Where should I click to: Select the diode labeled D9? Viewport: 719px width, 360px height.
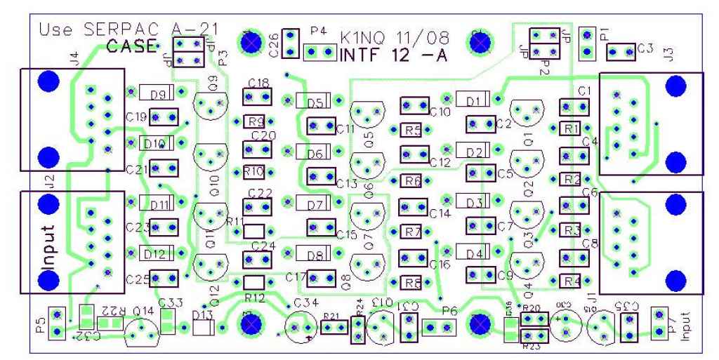click(x=157, y=92)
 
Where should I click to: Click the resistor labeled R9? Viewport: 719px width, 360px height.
click(x=256, y=121)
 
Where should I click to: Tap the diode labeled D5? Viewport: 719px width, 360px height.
click(x=315, y=102)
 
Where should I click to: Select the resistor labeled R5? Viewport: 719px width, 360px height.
click(x=413, y=130)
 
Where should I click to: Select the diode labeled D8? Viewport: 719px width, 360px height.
click(x=314, y=255)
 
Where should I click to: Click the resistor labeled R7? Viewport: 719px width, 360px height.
click(x=413, y=232)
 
